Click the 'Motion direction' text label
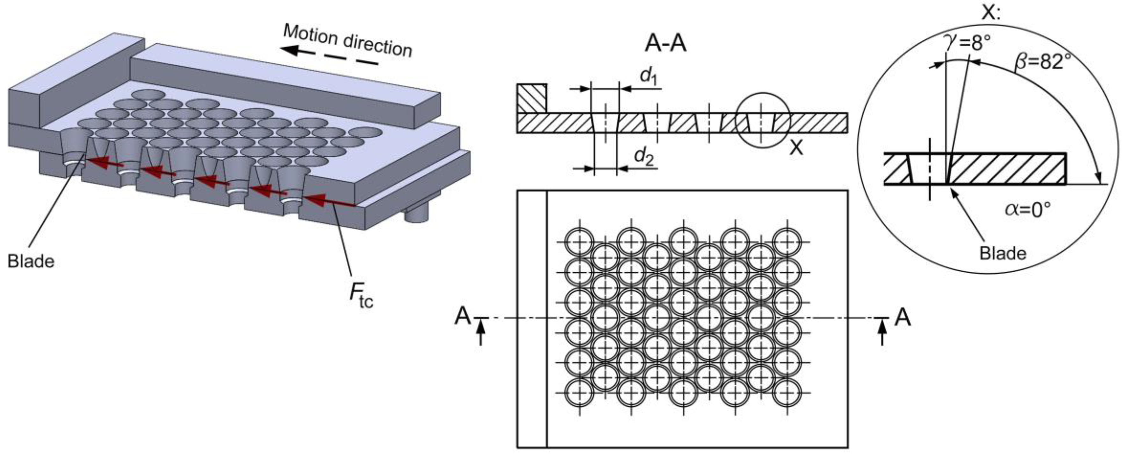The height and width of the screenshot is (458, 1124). pos(348,40)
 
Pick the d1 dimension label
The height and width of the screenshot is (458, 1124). pos(649,76)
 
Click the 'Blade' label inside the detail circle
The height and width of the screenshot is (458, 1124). pos(1003,253)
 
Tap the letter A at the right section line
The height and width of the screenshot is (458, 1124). pos(902,317)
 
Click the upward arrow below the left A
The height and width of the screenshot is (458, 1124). pos(481,334)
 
